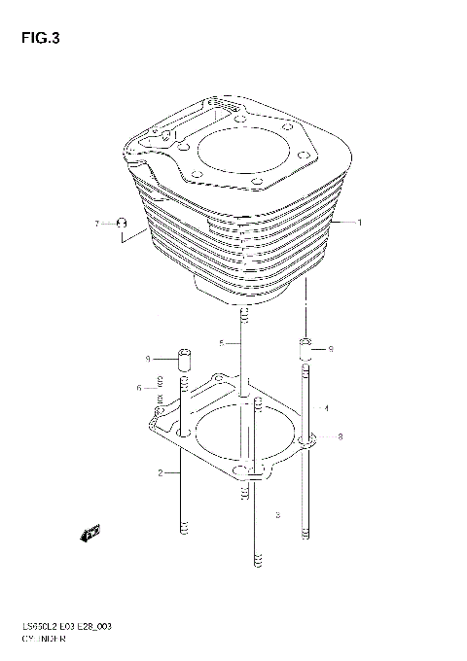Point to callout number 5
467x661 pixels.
click(222, 343)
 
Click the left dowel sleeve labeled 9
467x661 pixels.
click(182, 359)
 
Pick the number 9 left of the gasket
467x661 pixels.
click(148, 359)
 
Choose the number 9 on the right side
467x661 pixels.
click(331, 348)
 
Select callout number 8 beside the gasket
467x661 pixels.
click(340, 437)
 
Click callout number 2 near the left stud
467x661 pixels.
click(159, 473)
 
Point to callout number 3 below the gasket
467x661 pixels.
click(277, 514)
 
